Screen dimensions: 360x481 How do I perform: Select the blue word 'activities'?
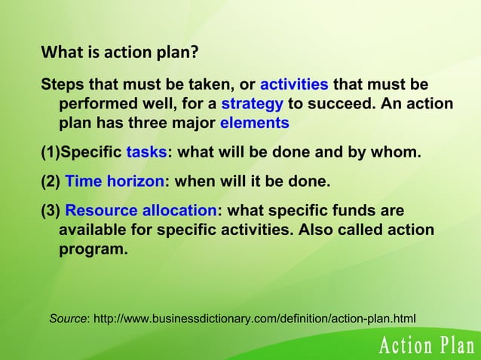(x=293, y=82)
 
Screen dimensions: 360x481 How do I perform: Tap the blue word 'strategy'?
(x=253, y=102)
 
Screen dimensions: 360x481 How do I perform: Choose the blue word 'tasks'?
(x=146, y=154)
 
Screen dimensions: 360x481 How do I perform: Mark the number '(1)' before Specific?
(x=50, y=154)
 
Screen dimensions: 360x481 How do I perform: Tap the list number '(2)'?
(x=51, y=182)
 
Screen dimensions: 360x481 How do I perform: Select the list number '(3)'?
(x=51, y=209)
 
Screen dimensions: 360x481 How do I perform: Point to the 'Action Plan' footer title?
(x=426, y=347)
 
